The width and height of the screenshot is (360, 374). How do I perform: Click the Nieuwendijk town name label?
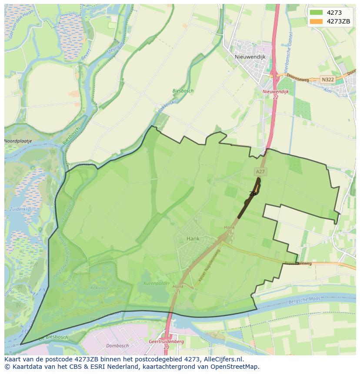coord(250,56)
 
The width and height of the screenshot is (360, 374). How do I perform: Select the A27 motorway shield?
coord(260,172)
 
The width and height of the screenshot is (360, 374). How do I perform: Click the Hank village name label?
coord(193,239)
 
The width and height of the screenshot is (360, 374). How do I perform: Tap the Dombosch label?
coord(117,346)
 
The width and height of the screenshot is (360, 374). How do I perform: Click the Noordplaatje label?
coord(18,141)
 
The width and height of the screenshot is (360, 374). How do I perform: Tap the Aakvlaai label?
coord(99,288)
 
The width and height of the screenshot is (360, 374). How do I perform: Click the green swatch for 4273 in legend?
coord(316,13)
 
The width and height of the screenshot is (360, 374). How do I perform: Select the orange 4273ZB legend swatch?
coord(316,21)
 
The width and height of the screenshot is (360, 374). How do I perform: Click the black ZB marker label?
coord(252,194)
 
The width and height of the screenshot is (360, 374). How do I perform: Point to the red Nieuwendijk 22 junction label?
coord(275,94)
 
